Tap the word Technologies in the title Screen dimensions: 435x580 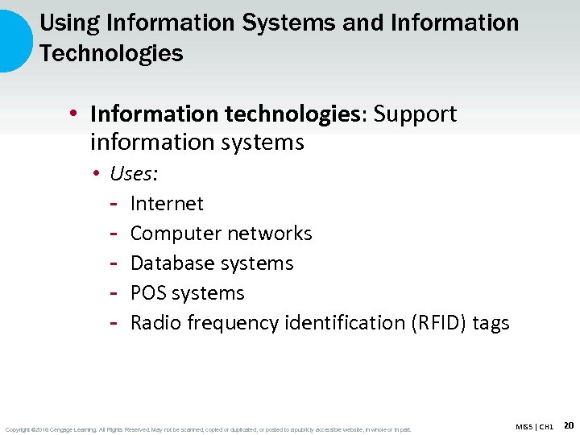pos(111,54)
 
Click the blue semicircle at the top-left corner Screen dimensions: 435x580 pos(13,40)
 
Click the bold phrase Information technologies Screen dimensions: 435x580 pos(226,114)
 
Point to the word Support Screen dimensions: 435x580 pos(416,114)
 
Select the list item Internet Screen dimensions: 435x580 pos(167,204)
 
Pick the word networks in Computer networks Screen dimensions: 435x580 pos(269,234)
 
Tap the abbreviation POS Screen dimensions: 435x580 pos(148,293)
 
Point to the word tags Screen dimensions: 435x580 pos(491,323)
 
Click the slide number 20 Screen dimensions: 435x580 pos(569,425)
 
